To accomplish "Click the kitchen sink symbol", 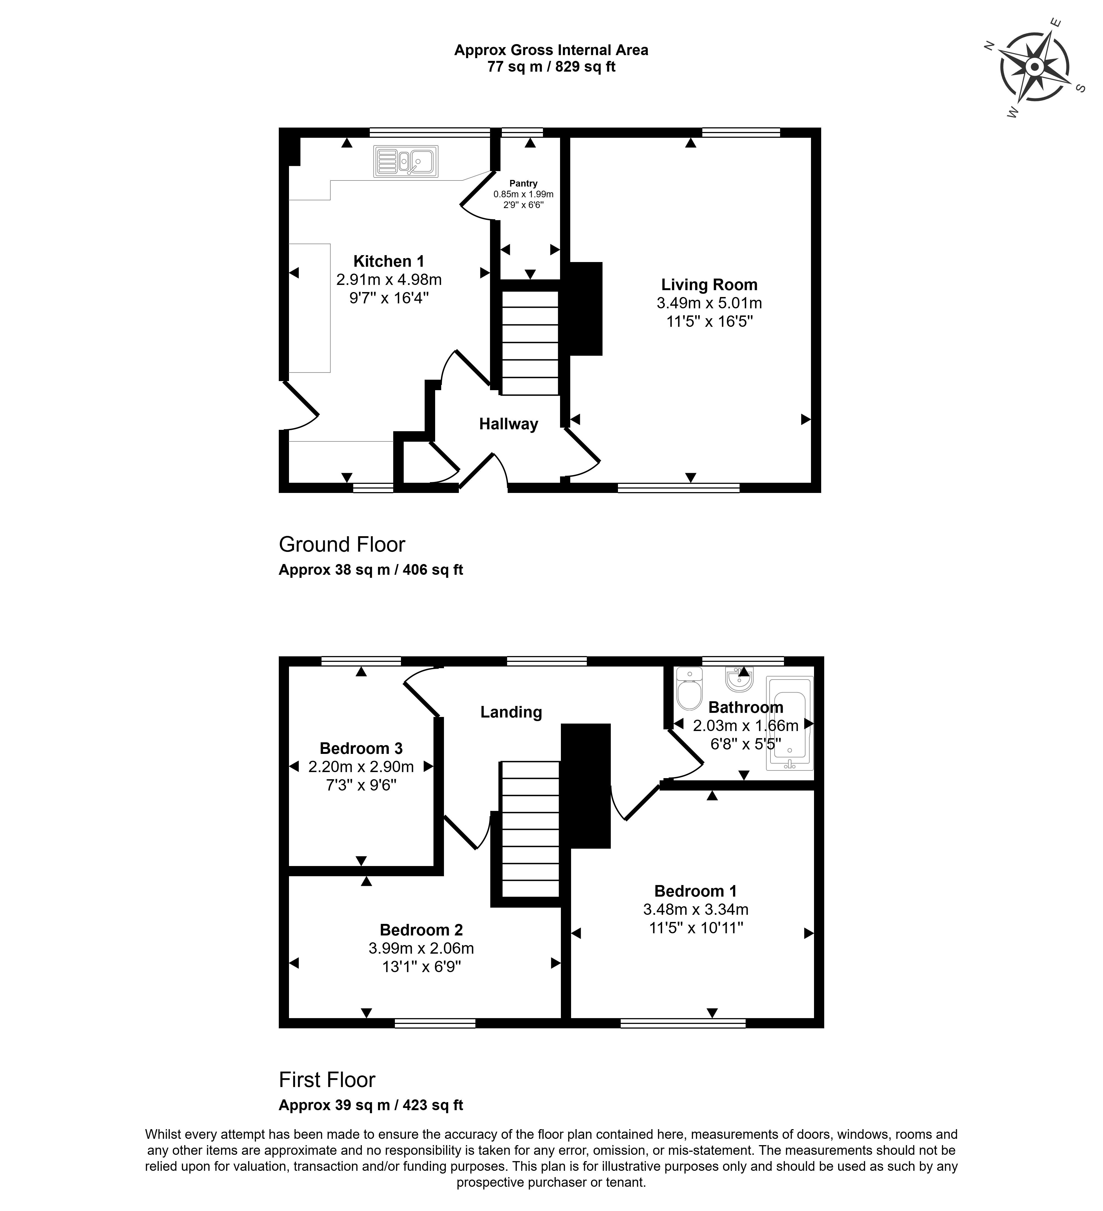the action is tap(406, 161).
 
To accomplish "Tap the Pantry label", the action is tap(523, 183).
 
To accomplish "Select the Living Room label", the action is tap(709, 285).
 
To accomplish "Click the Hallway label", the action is tap(508, 424).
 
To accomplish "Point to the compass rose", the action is tap(1034, 67).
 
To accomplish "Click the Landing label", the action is tap(511, 712).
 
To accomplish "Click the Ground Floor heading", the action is tap(342, 544).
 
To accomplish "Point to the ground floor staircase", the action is tap(529, 343).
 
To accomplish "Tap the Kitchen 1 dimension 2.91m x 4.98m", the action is tap(389, 279).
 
